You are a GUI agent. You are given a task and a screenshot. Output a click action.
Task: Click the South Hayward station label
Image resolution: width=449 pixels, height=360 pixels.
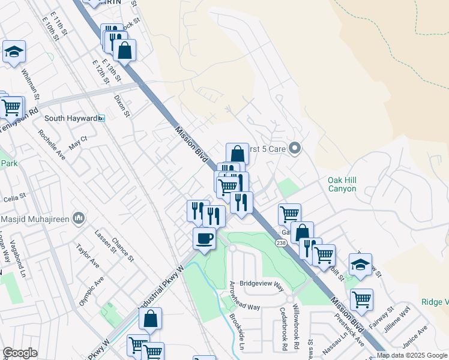tap(71, 118)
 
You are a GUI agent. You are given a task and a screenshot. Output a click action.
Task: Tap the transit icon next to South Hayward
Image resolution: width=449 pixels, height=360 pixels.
tap(102, 118)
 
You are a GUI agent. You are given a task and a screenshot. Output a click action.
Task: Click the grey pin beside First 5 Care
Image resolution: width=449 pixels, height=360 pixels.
tap(294, 148)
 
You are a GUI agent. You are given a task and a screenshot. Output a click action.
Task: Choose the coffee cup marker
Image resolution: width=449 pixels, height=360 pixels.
tap(204, 239)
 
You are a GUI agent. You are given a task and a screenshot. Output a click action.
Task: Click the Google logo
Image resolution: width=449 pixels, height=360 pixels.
tap(20, 353)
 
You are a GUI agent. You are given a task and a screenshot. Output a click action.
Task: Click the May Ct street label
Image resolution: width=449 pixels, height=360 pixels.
tap(78, 142)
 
